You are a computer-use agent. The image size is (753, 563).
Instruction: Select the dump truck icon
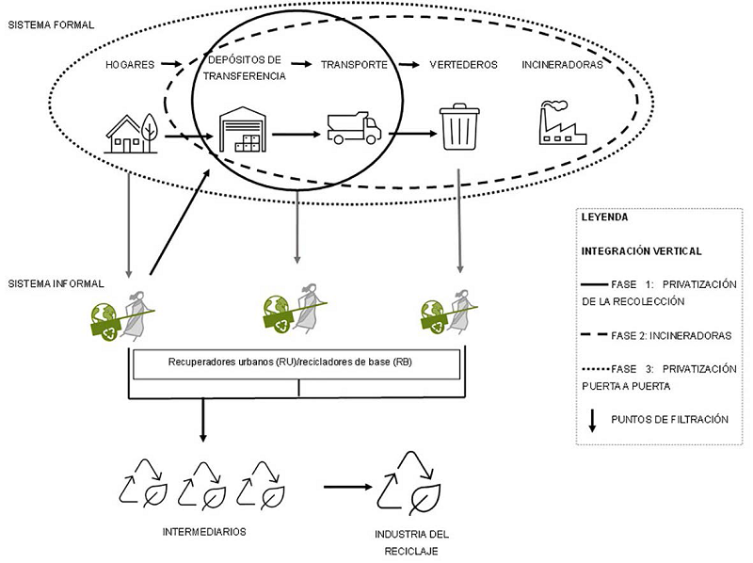pos(353,128)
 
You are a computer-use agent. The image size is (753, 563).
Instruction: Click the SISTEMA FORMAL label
pos(51,24)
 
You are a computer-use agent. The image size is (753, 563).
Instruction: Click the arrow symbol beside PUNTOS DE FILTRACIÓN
pos(592,420)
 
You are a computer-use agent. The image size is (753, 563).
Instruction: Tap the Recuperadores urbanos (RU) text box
pos(296,362)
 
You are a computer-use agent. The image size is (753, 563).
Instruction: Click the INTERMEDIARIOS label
pos(204,531)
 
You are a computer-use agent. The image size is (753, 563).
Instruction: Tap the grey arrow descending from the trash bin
pos(459,222)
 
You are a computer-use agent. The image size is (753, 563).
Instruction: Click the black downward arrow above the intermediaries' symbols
pos(202,420)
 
